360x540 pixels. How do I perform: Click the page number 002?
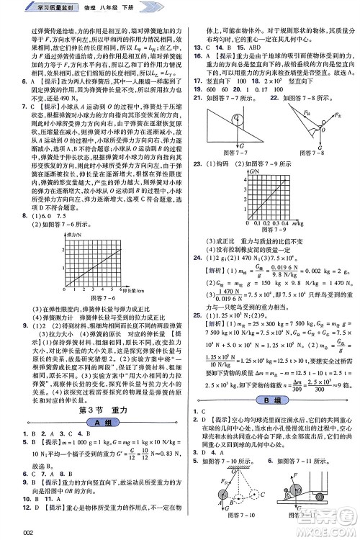(x=11, y=531)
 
